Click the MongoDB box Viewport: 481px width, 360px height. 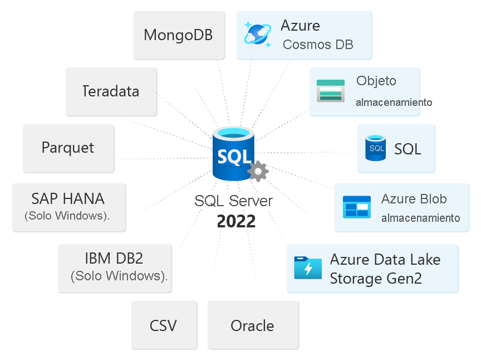pyautogui.click(x=179, y=35)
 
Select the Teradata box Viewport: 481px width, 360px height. pyautogui.click(x=111, y=91)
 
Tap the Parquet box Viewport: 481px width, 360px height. pyautogui.click(x=68, y=148)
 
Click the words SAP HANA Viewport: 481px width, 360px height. pyautogui.click(x=68, y=198)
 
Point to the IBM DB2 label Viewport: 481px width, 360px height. pyautogui.click(x=114, y=259)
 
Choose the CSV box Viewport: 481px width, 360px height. pyautogui.click(x=164, y=325)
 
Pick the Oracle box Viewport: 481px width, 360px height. pyautogui.click(x=252, y=325)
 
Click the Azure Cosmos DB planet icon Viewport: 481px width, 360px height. pyautogui.click(x=258, y=33)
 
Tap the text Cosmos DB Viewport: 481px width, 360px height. pyautogui.click(x=318, y=45)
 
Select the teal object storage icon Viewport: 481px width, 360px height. pyautogui.click(x=331, y=91)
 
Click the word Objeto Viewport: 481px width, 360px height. pyautogui.click(x=376, y=81)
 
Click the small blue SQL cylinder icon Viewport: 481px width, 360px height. pyautogui.click(x=376, y=148)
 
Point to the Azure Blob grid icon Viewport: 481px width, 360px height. pyautogui.click(x=356, y=207)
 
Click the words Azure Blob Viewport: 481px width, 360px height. pyautogui.click(x=414, y=199)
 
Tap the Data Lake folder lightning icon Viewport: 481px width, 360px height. pyautogui.click(x=308, y=268)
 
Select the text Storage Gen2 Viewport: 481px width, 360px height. pyautogui.click(x=376, y=279)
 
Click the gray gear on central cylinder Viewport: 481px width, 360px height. pyautogui.click(x=258, y=171)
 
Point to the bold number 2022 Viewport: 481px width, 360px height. pyautogui.click(x=236, y=221)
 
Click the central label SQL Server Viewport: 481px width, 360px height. pyautogui.click(x=234, y=201)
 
